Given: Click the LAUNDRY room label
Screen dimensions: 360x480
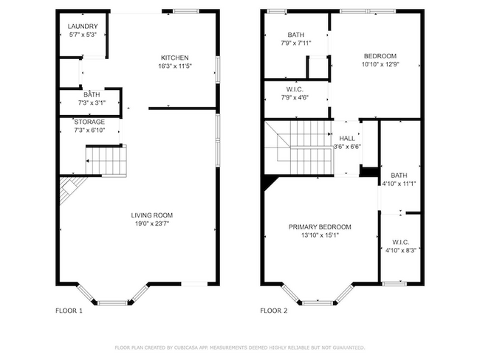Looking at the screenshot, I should (83, 27).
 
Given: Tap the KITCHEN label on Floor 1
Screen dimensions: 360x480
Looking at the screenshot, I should (175, 58).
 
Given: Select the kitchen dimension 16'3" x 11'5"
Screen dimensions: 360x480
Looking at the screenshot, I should (175, 66).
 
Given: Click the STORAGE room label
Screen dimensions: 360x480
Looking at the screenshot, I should (89, 122).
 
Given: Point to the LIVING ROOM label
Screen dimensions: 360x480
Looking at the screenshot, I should (154, 215).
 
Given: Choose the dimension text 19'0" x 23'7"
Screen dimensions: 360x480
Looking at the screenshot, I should (154, 224).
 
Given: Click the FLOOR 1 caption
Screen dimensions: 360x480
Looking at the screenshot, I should (69, 311).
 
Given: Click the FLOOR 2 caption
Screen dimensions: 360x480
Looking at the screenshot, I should (274, 311).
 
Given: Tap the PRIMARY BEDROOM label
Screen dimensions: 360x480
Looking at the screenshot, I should (320, 227).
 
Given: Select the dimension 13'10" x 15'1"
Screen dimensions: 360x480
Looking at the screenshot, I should (320, 236).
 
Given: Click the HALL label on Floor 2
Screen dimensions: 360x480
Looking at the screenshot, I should (347, 138).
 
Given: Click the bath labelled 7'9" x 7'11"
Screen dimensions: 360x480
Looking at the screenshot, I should (296, 38).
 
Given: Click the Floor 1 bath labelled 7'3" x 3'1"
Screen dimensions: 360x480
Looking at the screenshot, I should (92, 99).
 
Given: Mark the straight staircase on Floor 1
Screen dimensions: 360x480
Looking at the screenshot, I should (106, 159).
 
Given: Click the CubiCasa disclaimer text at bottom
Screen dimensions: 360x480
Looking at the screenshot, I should (240, 346).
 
